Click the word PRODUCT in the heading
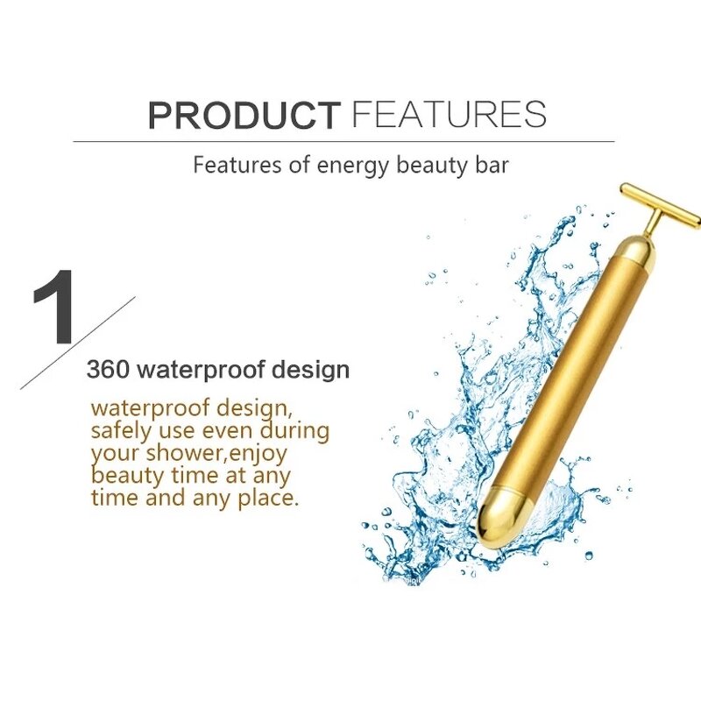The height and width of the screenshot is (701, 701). (243, 115)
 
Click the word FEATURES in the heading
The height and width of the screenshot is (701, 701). (448, 115)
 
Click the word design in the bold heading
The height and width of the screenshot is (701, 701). (312, 370)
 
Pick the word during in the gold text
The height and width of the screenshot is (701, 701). (294, 431)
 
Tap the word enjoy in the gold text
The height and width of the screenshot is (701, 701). (258, 453)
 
